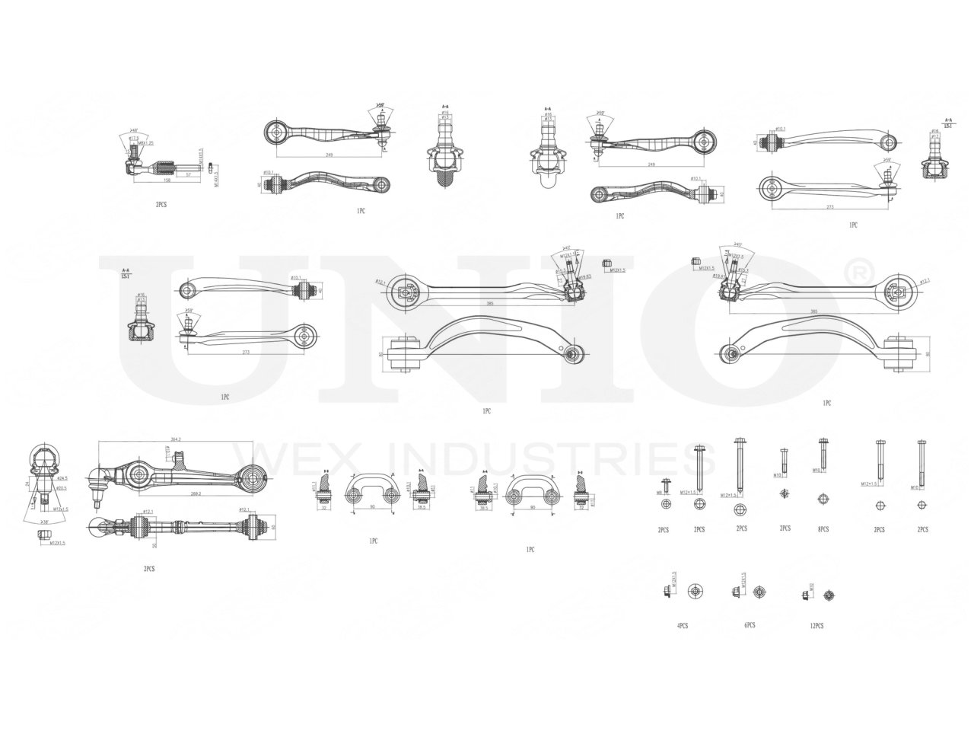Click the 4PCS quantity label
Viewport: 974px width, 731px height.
point(682,625)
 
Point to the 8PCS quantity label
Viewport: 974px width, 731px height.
point(823,528)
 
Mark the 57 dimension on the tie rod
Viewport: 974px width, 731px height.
point(188,174)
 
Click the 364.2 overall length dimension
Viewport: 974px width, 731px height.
point(176,439)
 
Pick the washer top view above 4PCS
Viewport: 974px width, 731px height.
point(694,592)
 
